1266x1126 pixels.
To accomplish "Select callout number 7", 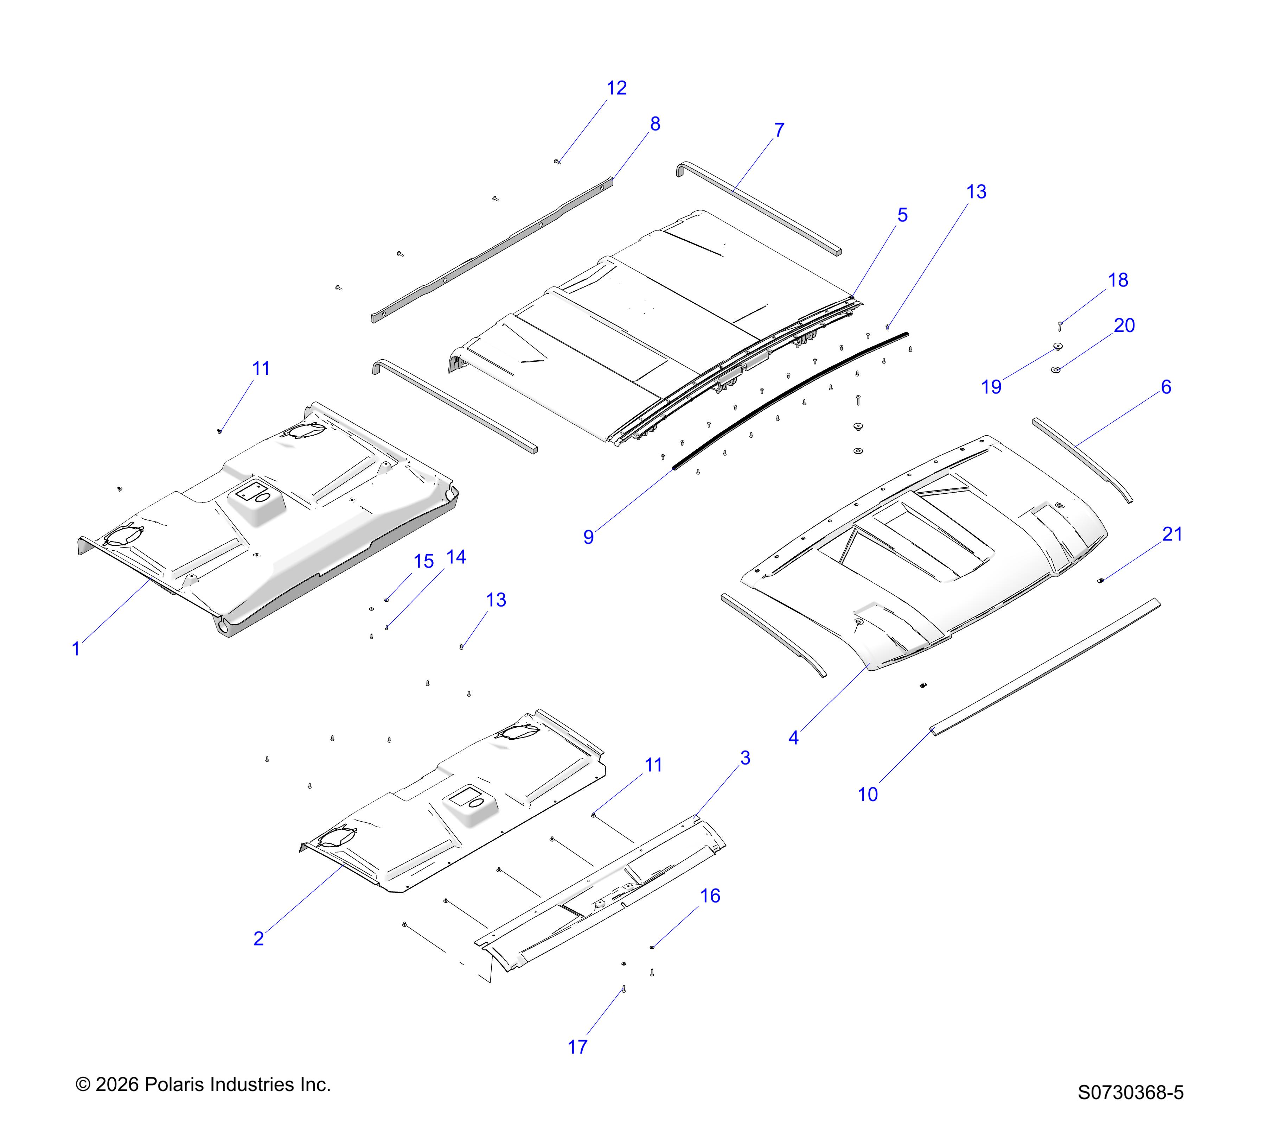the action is click(x=779, y=130).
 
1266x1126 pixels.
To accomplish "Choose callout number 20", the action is click(x=1124, y=325).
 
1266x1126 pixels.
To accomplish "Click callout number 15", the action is click(x=424, y=562).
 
